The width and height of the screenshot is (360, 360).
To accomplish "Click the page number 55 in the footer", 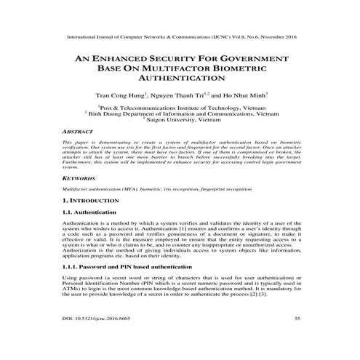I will pos(297,338).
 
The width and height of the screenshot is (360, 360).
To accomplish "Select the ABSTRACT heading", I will pos(78,132).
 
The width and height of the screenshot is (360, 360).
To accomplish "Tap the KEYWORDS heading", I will pos(79,177).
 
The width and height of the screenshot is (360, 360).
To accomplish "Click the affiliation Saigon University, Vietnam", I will pos(182,121).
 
